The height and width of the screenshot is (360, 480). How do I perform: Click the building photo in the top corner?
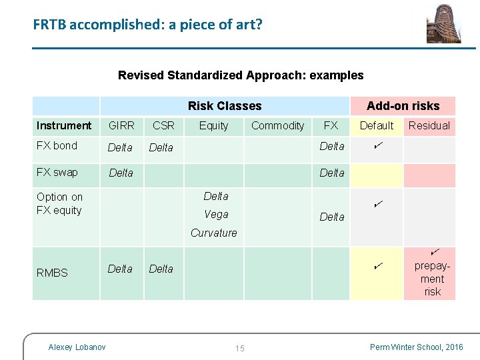pos(443,24)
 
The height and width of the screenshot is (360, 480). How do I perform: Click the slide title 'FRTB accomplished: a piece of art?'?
pos(147,25)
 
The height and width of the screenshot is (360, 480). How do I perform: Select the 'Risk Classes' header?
pos(225,106)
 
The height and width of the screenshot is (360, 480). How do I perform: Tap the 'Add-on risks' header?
pos(403,106)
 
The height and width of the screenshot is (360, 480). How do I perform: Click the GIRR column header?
pos(121,125)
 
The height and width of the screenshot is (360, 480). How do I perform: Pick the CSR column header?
pos(163,125)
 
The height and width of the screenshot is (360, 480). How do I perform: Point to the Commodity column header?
pos(277,125)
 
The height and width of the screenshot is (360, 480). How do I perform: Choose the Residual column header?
pos(429,125)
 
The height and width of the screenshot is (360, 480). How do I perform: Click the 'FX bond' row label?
pos(57,146)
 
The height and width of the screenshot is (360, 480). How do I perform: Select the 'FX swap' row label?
pos(57,173)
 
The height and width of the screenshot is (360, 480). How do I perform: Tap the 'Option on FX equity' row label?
pos(59,203)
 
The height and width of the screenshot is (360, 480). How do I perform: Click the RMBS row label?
pos(52,273)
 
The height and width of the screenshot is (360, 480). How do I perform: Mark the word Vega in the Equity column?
pos(216,215)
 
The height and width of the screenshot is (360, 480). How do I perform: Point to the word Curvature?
pos(213,233)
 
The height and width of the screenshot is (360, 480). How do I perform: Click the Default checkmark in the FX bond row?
pos(377,145)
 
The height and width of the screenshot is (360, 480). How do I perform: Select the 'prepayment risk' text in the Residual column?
pos(432,279)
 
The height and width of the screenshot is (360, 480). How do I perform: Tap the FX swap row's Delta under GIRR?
pos(121,173)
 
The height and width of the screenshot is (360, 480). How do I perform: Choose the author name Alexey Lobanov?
pos(77,347)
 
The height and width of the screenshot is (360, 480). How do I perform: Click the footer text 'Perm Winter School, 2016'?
pos(415,347)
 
